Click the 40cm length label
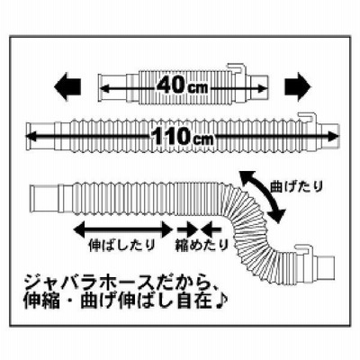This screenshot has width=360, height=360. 182,86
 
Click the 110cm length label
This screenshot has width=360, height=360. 182,137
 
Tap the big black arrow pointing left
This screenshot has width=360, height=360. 67,87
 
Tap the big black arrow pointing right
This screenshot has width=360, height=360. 298,87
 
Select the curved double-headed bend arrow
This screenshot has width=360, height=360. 261,196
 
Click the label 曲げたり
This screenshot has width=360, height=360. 296,186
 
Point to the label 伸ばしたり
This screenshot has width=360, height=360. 122,246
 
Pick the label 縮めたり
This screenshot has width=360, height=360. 202,246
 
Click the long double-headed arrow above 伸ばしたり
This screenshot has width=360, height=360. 123,230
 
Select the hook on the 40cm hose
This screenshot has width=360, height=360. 237,68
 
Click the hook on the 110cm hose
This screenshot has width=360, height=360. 307,117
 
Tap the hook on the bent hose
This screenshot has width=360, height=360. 303,249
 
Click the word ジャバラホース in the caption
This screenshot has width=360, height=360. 85,283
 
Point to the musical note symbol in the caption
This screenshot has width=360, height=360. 222,301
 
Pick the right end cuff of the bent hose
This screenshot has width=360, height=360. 324,264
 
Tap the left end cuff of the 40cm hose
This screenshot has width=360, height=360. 112,87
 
